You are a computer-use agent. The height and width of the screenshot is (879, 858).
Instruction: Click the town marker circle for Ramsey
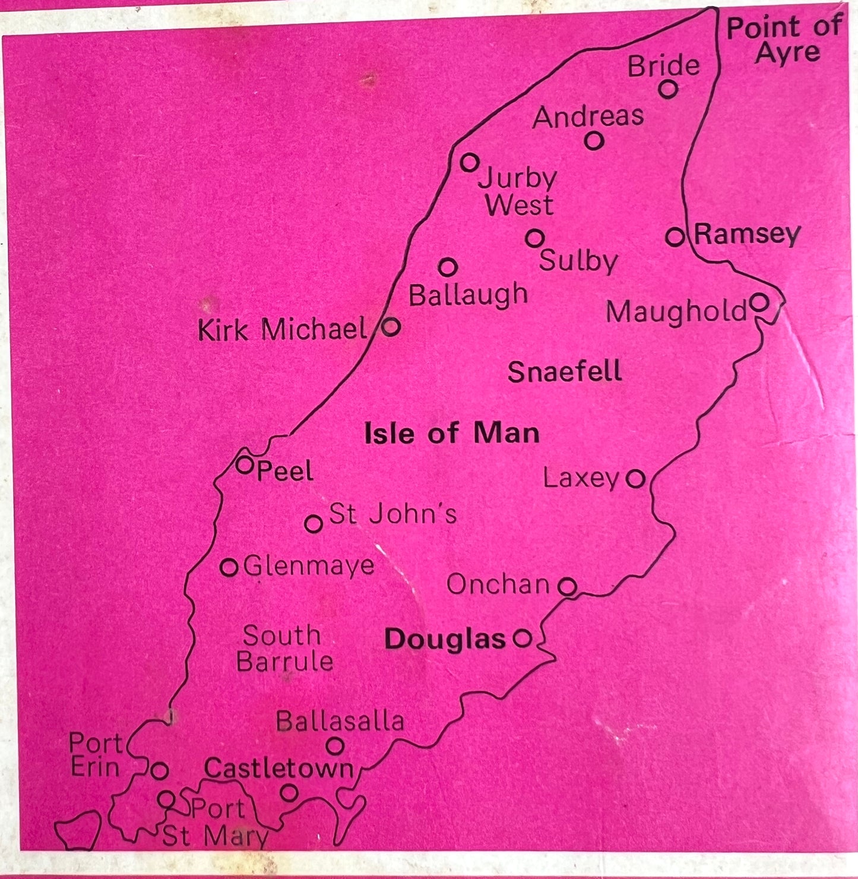click(675, 237)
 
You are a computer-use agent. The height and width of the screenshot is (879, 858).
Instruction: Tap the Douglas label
click(445, 639)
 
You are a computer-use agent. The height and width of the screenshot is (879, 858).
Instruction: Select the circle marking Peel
click(245, 465)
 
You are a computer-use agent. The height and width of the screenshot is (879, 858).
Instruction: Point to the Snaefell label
click(565, 372)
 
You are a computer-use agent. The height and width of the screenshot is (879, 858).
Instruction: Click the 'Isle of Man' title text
click(452, 433)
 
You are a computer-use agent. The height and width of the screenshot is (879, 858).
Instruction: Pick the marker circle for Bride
click(668, 89)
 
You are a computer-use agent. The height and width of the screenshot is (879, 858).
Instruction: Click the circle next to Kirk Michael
click(391, 326)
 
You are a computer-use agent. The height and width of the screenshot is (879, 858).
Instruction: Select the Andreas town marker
click(594, 141)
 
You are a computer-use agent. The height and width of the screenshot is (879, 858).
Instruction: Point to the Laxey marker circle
click(635, 478)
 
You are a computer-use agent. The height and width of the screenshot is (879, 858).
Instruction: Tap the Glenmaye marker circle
click(229, 567)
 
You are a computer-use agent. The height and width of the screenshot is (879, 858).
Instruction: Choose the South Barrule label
click(284, 649)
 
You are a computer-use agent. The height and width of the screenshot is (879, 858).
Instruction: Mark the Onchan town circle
click(568, 587)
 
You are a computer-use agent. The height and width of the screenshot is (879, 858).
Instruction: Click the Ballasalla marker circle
click(335, 745)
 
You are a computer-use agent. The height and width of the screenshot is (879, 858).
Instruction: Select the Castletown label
click(278, 769)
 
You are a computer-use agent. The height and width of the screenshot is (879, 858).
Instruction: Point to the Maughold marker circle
click(759, 302)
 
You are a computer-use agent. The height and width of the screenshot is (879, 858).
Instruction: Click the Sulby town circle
click(534, 238)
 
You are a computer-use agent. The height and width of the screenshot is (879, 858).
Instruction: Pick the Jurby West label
click(518, 191)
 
